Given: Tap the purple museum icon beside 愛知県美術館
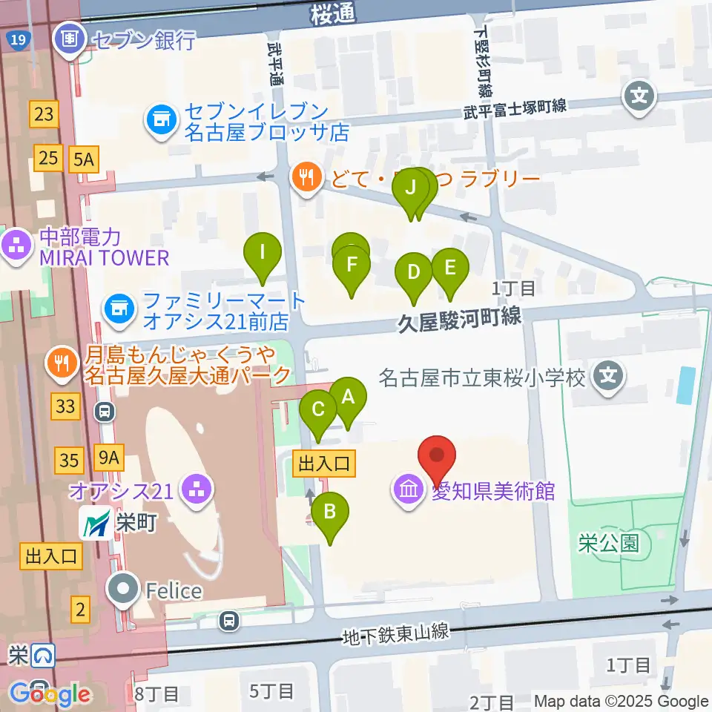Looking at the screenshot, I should click(x=408, y=489).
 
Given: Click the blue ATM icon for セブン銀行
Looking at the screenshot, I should click(x=70, y=37).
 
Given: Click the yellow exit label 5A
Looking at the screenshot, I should click(x=83, y=158).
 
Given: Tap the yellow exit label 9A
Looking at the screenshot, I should click(x=108, y=458).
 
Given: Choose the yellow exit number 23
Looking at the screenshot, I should click(x=44, y=113).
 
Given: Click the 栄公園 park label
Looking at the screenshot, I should click(x=608, y=543).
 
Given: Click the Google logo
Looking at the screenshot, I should click(x=49, y=694).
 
